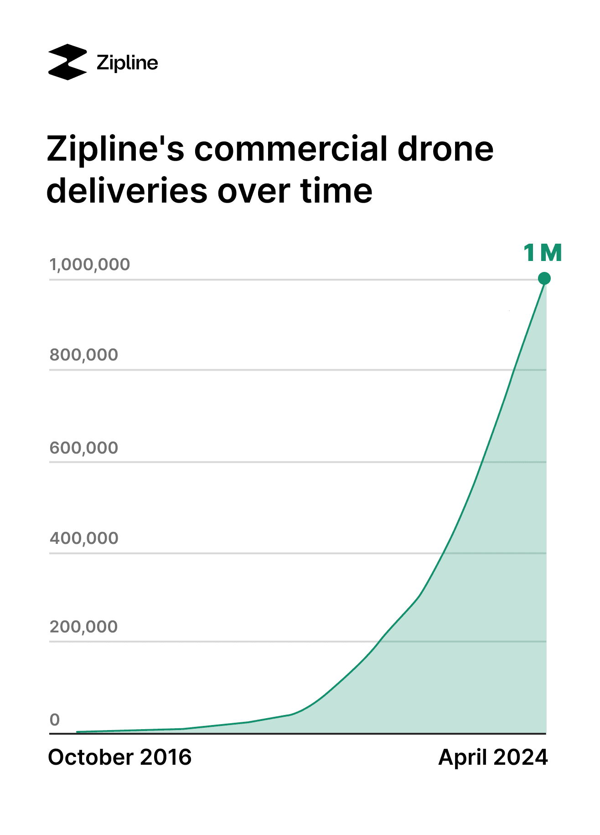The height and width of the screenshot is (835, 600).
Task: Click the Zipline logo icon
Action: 67,62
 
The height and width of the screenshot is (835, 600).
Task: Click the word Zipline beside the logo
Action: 127,63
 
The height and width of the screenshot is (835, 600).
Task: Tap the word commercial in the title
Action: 291,149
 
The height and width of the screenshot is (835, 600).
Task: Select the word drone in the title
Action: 445,149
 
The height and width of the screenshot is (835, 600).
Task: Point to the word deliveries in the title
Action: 127,191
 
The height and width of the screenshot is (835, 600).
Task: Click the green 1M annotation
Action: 543,253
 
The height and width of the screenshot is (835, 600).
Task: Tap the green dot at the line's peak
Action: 544,278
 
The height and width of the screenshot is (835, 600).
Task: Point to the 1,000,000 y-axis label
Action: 90,265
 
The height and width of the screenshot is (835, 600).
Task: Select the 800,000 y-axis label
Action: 84,355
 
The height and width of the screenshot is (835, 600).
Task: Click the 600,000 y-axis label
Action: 84,448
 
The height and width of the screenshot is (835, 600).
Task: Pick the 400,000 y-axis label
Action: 84,538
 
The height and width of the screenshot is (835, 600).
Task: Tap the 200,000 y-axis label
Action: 84,627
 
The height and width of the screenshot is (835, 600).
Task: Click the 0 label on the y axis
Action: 55,720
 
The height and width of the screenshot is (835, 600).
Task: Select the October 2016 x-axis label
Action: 120,758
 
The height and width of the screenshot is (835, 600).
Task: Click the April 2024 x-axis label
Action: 493,758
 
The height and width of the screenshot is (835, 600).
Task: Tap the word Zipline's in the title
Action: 115,149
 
